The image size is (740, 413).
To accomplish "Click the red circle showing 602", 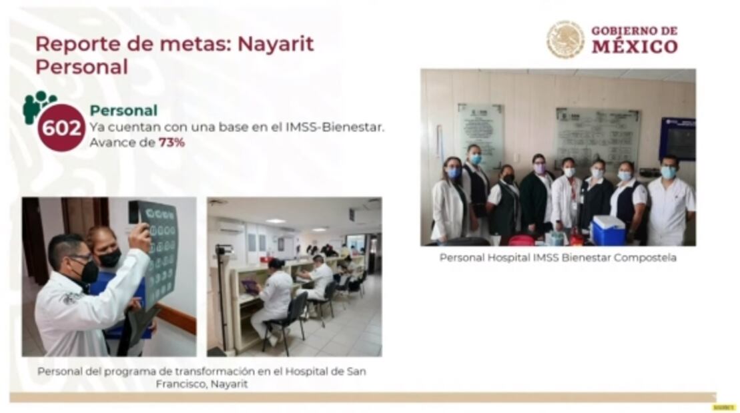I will click(x=61, y=127).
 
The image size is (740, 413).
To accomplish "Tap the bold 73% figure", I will click(x=171, y=142).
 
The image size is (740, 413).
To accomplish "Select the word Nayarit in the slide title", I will click(x=276, y=44).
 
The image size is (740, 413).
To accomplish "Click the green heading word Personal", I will click(x=123, y=111).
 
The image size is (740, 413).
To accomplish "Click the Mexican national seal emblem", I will click(x=565, y=39).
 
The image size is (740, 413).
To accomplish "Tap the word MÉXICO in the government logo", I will click(x=635, y=47).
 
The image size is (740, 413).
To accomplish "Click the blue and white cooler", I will click(x=608, y=230).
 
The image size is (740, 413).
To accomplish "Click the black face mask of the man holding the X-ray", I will click(x=88, y=271).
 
